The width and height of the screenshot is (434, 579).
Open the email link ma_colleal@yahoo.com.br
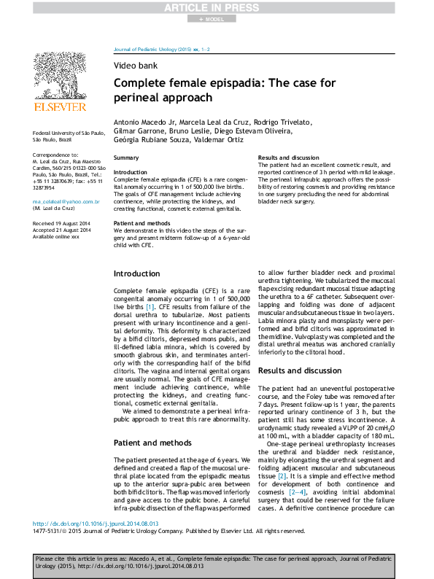[x=66, y=201]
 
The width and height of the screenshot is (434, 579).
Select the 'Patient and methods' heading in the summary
[x=142, y=222]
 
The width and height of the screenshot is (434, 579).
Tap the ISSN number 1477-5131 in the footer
[x=47, y=532]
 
